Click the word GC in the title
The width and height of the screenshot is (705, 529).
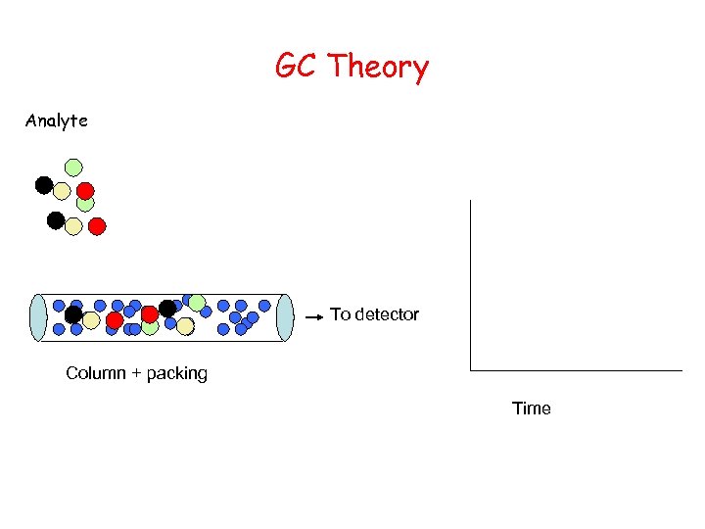[x=297, y=67]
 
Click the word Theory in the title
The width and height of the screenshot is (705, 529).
[x=378, y=69]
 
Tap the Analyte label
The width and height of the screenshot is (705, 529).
[x=57, y=120]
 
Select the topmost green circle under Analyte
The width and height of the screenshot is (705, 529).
[x=73, y=168]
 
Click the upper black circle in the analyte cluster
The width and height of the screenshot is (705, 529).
[x=44, y=184]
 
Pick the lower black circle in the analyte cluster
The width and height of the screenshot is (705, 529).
[x=56, y=220]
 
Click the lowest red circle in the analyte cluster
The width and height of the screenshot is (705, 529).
[x=97, y=226]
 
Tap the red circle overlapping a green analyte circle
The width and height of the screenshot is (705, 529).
[x=85, y=190]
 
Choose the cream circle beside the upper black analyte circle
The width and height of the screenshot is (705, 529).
[x=62, y=191]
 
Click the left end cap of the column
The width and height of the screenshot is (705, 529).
[x=38, y=317]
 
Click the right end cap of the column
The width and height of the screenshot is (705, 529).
[x=285, y=317]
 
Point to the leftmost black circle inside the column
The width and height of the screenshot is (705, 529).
[x=73, y=314]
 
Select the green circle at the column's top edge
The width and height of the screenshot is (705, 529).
[x=197, y=302]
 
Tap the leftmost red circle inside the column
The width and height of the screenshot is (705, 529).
[x=115, y=320]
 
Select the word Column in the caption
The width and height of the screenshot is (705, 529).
[x=94, y=373]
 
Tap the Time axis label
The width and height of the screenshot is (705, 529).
[x=532, y=409]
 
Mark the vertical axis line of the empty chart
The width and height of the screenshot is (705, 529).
[x=471, y=284]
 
